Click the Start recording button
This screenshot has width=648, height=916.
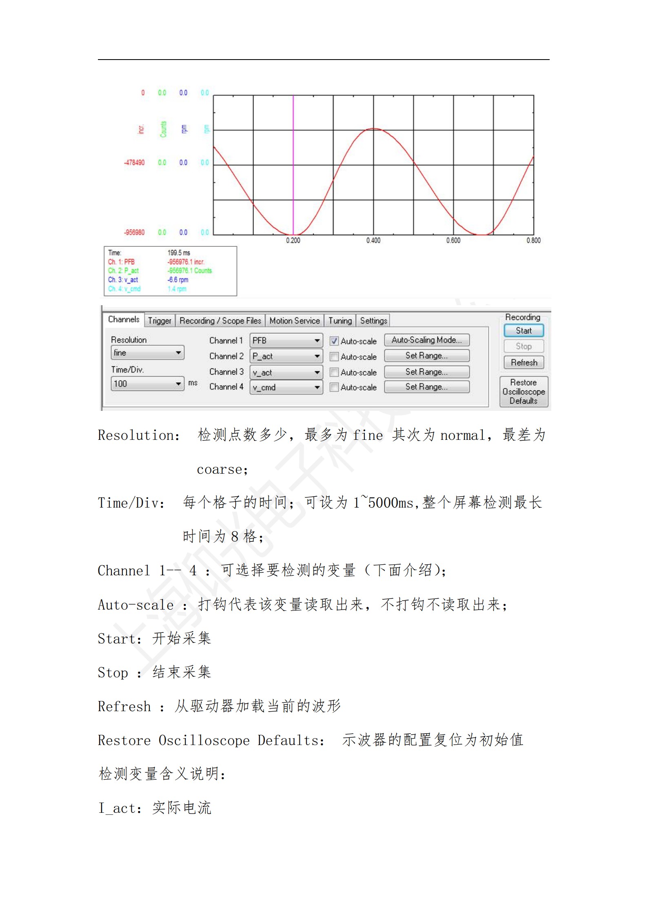[x=524, y=330]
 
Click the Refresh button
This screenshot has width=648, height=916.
[x=524, y=362]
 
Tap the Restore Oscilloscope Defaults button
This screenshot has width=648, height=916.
[x=524, y=392]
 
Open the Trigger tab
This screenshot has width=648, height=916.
[x=160, y=321]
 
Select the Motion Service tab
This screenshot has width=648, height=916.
[x=294, y=321]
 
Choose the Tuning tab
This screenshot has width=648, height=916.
[x=340, y=321]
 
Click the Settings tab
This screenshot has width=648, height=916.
[x=373, y=321]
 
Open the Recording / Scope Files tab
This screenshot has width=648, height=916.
[x=220, y=321]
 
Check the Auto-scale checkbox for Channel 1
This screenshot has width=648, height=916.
[x=334, y=341]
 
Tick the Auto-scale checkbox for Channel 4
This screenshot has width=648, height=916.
[x=334, y=387]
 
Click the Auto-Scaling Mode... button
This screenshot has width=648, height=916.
[x=426, y=340]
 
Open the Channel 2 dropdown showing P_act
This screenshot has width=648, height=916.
[x=286, y=356]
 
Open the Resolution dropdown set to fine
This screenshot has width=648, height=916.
[x=147, y=353]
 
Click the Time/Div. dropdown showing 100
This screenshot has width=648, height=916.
[x=147, y=384]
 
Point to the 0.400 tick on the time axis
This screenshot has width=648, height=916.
[x=373, y=241]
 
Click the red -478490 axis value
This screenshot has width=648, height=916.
[x=134, y=162]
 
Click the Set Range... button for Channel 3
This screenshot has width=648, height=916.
[x=426, y=372]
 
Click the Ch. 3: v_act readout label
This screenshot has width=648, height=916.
[x=123, y=280]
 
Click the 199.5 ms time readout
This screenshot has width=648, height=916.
[x=179, y=253]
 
